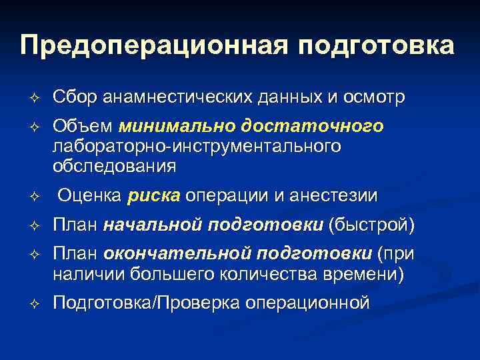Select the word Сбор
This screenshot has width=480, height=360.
coord(76,98)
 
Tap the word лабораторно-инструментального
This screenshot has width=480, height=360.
coord(197,146)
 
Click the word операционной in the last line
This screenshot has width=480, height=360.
coord(307,303)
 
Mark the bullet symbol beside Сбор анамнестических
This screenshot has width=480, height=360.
coord(37,99)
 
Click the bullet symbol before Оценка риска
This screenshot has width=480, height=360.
coord(37,197)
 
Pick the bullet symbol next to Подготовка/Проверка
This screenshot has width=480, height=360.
coord(37,304)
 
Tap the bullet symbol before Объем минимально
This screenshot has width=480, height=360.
coord(37,127)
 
